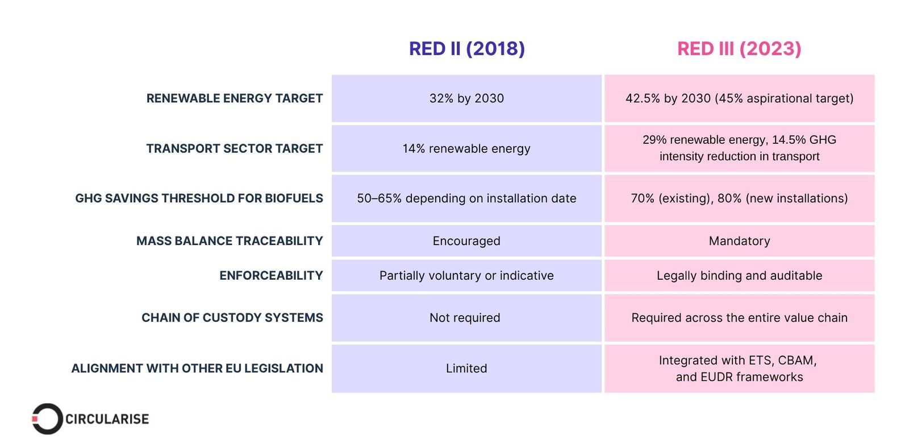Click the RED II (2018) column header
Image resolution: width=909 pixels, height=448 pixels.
click(x=466, y=49)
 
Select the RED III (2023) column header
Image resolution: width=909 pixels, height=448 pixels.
click(x=739, y=49)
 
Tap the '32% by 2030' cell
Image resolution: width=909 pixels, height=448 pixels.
click(x=466, y=98)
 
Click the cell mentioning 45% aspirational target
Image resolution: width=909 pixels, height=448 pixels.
click(x=739, y=98)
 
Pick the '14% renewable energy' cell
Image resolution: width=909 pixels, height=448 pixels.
click(x=466, y=148)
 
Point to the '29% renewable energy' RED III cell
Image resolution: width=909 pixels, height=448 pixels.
click(x=739, y=148)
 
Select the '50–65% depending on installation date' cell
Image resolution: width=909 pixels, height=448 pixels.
click(x=466, y=198)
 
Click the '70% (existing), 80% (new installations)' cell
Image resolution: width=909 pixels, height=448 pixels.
click(x=739, y=198)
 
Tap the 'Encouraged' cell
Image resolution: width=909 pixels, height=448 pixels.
click(x=466, y=241)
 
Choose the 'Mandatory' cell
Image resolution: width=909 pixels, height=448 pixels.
click(x=739, y=241)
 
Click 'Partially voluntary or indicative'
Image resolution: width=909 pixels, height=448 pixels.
click(x=466, y=276)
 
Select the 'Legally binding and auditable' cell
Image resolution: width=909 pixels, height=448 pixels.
click(x=739, y=276)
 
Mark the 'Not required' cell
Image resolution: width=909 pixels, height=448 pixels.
click(x=465, y=318)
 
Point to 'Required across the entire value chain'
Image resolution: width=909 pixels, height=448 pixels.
click(x=739, y=318)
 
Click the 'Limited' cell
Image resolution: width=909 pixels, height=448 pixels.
click(x=466, y=368)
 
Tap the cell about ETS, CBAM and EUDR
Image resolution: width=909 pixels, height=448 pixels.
click(x=739, y=368)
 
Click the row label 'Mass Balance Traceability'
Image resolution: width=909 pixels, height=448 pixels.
click(x=230, y=241)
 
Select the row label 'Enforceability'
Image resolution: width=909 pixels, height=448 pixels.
click(x=271, y=276)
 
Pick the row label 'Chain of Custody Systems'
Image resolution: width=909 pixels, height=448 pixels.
click(x=232, y=318)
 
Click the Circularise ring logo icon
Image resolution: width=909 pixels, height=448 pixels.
click(x=47, y=419)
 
